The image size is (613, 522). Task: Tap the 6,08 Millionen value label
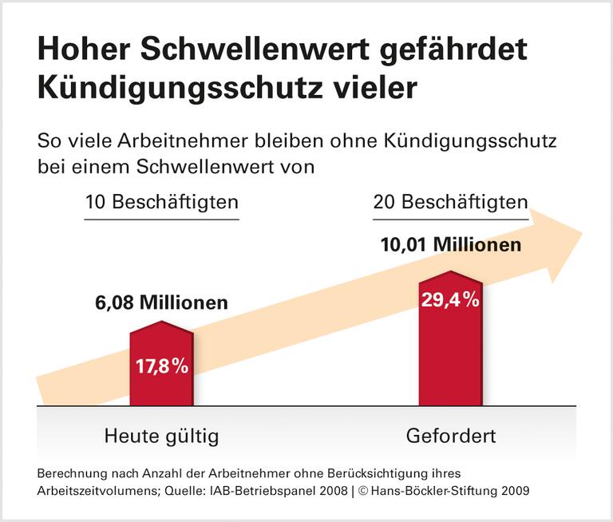pos(162,303)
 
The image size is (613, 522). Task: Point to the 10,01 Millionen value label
pos(451,244)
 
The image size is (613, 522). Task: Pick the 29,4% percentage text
pos(450,300)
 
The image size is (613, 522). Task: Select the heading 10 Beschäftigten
pos(162,203)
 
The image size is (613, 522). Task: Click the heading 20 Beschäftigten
pos(451,203)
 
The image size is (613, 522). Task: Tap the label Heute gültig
pos(161,437)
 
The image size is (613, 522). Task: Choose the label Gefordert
pos(451,437)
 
